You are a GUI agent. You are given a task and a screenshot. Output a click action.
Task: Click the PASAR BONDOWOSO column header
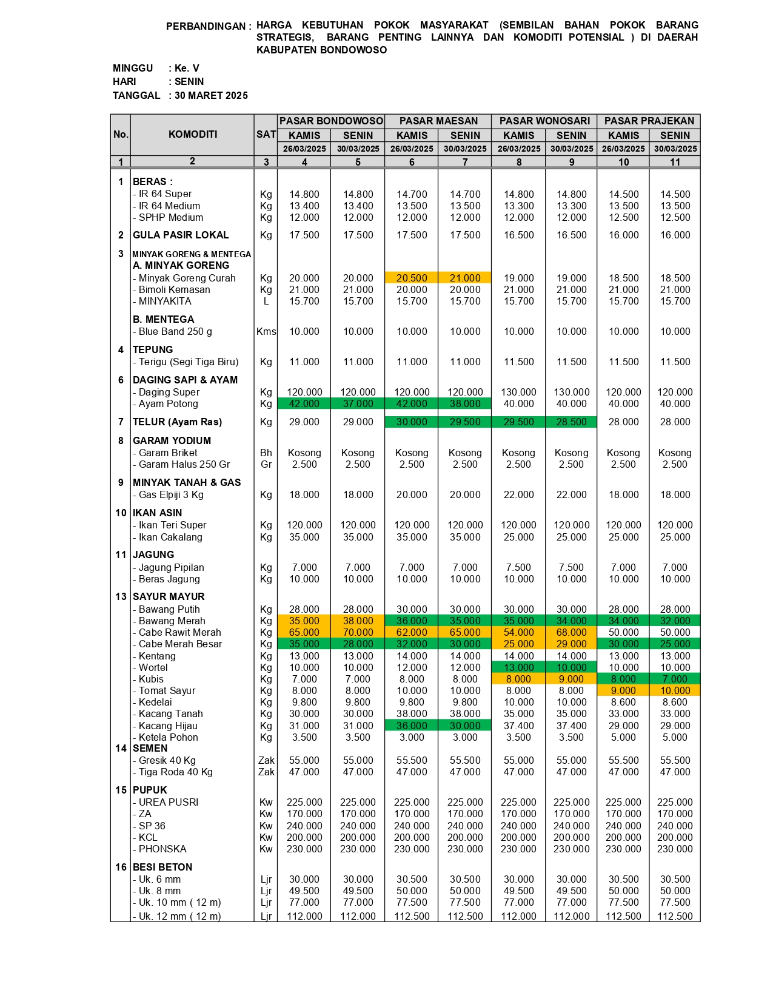[331, 121]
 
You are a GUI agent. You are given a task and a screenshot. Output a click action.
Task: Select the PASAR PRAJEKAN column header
[649, 121]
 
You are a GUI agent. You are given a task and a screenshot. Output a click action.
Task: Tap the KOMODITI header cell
[192, 134]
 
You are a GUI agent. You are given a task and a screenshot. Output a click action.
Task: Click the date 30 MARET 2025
[211, 95]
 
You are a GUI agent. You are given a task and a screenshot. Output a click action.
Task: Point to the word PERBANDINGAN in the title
[206, 26]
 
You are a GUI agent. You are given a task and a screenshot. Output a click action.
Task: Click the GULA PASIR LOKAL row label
[181, 235]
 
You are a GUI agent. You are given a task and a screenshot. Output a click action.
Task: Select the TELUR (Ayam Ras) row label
[177, 422]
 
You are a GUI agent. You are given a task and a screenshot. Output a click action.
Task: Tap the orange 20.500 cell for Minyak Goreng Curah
[412, 278]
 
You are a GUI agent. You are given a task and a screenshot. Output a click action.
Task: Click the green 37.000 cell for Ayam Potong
[358, 403]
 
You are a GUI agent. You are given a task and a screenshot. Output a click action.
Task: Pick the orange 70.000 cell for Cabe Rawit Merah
[358, 632]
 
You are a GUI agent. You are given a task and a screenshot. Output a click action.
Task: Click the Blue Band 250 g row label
[175, 331]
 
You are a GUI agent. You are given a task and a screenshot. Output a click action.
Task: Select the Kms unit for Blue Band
[266, 331]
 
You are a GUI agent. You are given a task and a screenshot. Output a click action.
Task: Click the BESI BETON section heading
[162, 867]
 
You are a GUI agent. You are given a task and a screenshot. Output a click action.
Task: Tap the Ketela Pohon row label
[168, 737]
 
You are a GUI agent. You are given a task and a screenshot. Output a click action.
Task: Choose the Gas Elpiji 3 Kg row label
[170, 494]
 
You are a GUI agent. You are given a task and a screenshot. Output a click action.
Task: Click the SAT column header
[266, 134]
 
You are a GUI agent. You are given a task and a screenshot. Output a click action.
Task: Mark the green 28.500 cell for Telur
[571, 422]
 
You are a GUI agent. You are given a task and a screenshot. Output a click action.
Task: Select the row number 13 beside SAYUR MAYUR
[121, 596]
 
